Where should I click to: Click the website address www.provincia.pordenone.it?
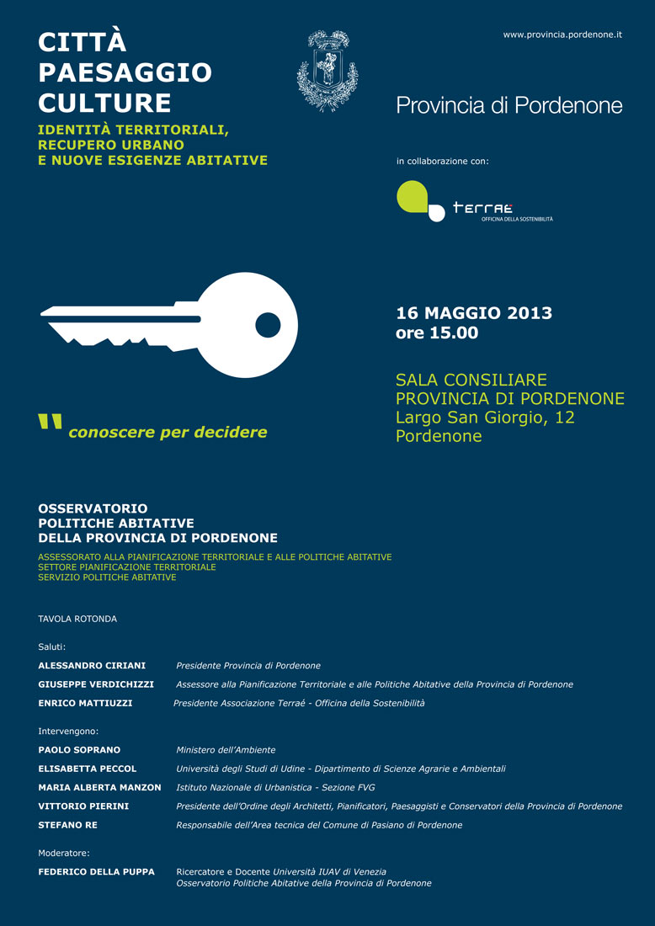[562, 35]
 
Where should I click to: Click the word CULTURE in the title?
[104, 103]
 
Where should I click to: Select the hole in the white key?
[268, 324]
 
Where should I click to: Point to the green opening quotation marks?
[51, 423]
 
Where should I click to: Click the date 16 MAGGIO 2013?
[474, 313]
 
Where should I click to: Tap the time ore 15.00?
[437, 333]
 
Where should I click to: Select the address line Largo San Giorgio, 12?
[485, 417]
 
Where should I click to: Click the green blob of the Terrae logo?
[413, 198]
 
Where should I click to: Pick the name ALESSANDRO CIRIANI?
[92, 665]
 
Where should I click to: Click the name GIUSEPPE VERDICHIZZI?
[96, 684]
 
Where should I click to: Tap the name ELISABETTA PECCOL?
[88, 769]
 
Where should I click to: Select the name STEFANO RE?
[67, 825]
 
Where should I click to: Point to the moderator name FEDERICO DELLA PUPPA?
[96, 871]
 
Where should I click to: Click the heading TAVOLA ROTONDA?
[77, 619]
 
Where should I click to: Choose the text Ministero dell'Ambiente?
[226, 749]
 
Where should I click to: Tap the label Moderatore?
[64, 853]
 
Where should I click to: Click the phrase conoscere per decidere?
[168, 432]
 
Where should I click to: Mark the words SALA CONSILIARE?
[471, 380]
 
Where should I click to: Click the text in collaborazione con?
[442, 160]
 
